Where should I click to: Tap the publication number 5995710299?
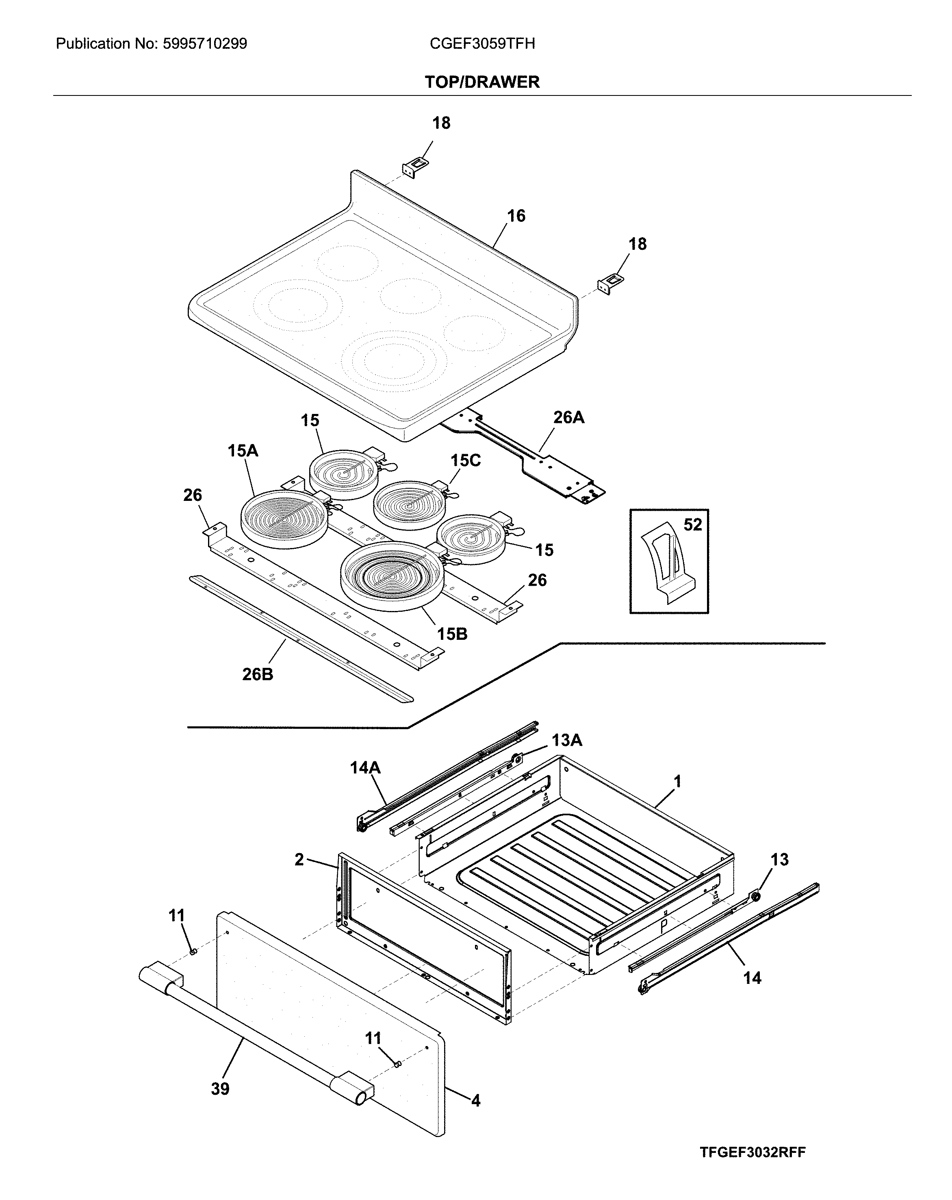(x=205, y=43)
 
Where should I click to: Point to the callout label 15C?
(x=465, y=460)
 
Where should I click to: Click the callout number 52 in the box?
(x=692, y=524)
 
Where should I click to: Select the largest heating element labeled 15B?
(x=393, y=576)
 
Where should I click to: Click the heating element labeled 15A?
(x=284, y=519)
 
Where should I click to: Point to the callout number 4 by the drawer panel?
(x=475, y=1100)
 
